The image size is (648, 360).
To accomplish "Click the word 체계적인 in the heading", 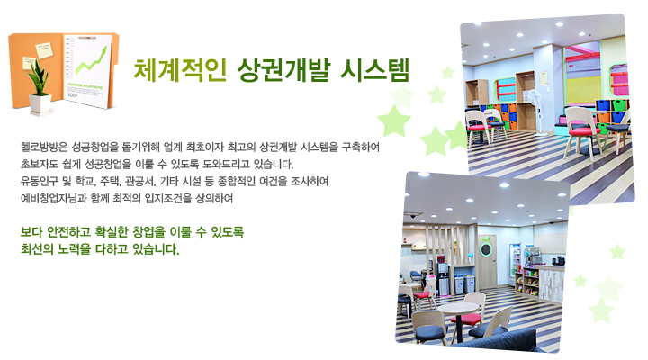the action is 180,70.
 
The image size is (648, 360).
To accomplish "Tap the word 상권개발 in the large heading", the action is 283,70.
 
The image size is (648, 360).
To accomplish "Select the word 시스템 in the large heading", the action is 374,70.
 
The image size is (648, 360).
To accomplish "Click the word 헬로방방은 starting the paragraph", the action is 44,147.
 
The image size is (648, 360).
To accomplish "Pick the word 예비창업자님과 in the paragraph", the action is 54,198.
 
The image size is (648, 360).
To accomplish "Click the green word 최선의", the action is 36,249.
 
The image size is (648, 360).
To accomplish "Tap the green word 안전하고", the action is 68,232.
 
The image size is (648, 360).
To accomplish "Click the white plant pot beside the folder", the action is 40,103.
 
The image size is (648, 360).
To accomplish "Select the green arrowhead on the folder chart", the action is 103,50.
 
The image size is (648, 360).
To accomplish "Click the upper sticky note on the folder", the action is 44,50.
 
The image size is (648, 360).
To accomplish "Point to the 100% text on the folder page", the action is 72,95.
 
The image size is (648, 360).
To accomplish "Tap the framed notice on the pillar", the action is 544,78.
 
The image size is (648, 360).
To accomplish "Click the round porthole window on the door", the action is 486,250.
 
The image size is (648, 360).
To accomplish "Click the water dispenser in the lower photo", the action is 443,279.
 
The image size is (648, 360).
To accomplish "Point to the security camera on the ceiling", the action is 412,216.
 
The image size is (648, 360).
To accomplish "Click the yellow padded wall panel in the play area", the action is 583,91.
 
